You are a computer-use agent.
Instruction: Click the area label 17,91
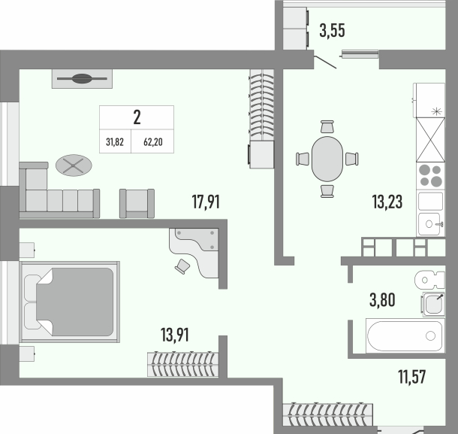(x=206, y=202)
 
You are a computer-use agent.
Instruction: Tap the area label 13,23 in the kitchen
(x=387, y=202)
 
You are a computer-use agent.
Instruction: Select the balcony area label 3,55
(x=332, y=31)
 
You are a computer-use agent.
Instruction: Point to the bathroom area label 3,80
(x=382, y=300)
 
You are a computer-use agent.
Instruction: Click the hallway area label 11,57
(x=412, y=376)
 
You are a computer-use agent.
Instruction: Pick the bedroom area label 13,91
(x=175, y=335)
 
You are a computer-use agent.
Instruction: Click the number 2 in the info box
(x=137, y=117)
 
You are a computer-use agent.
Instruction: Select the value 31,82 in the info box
(x=115, y=142)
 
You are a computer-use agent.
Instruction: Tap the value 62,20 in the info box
(x=152, y=142)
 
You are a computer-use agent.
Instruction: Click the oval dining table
(x=327, y=159)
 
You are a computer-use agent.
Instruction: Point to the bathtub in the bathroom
(x=405, y=336)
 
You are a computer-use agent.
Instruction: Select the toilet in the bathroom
(x=429, y=280)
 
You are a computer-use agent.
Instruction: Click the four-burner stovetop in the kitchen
(x=430, y=175)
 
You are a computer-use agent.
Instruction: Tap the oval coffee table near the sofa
(x=74, y=165)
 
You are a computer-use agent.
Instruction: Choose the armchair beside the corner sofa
(x=137, y=203)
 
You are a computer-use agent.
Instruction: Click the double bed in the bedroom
(x=70, y=302)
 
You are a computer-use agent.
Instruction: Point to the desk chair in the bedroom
(x=182, y=266)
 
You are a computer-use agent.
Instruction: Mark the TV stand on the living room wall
(x=82, y=79)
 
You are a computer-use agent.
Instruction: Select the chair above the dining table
(x=327, y=126)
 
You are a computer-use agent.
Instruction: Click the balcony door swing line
(x=325, y=62)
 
